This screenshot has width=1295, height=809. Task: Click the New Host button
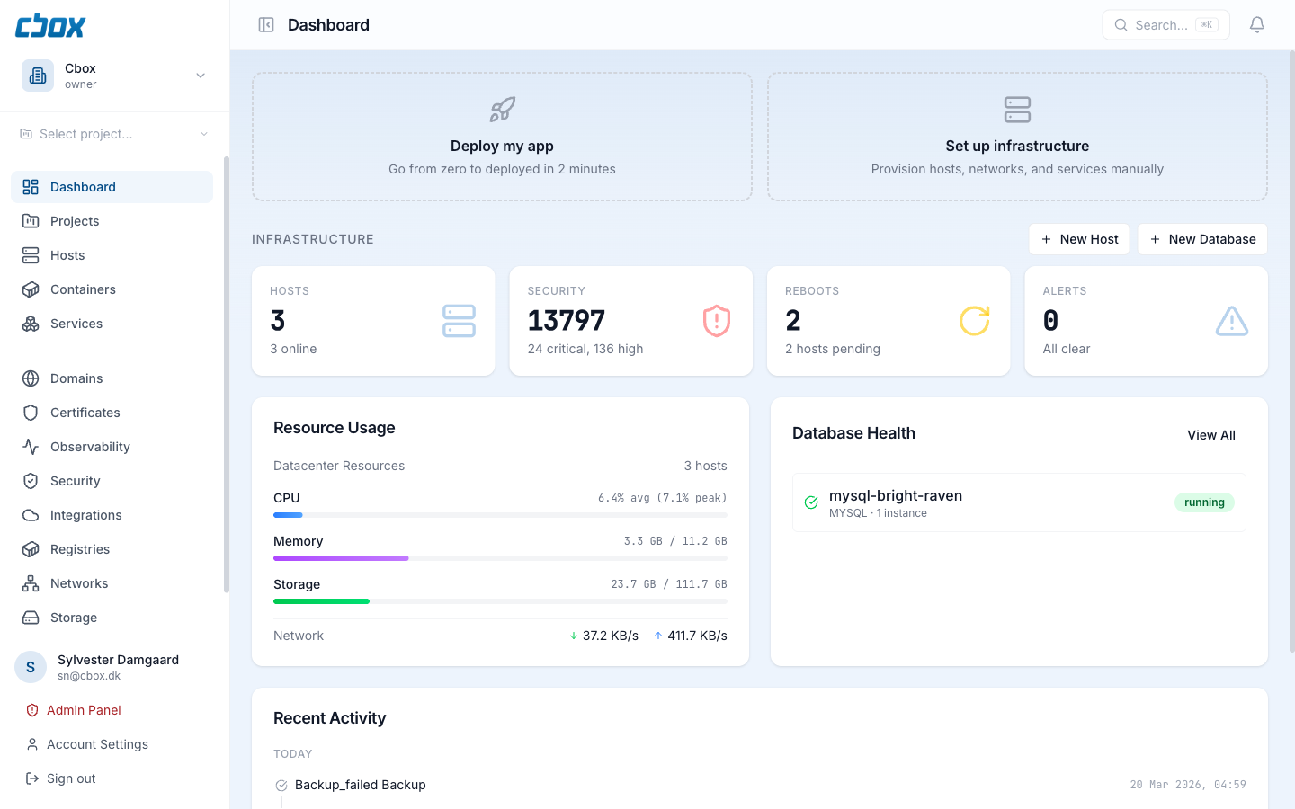point(1079,239)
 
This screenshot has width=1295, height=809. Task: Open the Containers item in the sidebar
point(83,289)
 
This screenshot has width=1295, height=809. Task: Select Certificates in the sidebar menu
point(85,413)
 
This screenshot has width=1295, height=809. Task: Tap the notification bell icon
point(1257,25)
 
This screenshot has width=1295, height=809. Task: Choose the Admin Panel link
point(84,710)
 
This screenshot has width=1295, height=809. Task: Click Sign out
point(71,778)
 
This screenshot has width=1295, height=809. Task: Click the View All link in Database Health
point(1210,435)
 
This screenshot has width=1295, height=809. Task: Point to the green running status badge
point(1204,502)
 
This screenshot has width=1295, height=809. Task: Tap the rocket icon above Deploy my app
point(502,110)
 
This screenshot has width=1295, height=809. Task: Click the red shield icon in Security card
point(716,321)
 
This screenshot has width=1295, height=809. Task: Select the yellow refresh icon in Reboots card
point(974,321)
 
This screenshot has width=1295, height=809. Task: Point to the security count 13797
point(567,321)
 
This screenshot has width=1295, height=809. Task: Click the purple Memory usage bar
point(341,558)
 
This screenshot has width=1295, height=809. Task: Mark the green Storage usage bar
point(321,601)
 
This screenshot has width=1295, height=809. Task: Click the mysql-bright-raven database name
point(895,495)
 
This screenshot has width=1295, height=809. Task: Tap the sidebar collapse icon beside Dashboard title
point(266,25)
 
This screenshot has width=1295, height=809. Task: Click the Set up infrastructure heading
point(1017,146)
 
